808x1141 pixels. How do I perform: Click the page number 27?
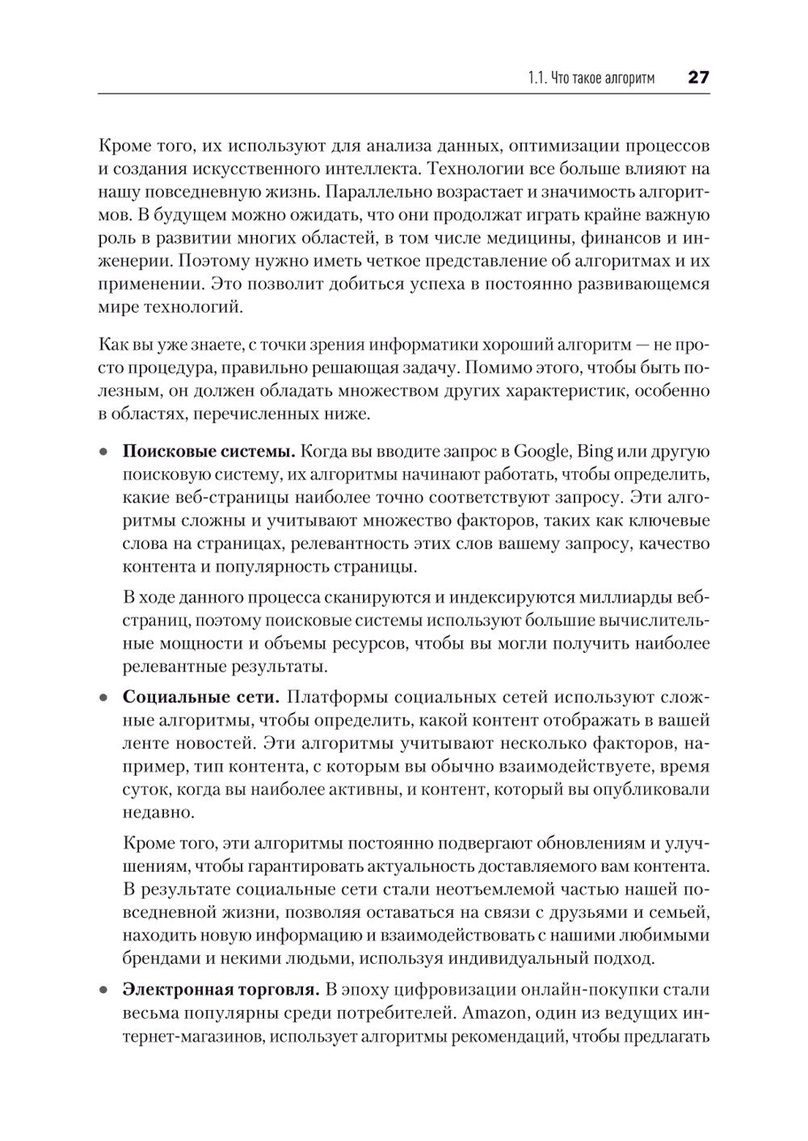[x=697, y=78]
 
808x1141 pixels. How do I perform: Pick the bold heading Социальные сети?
[x=201, y=697]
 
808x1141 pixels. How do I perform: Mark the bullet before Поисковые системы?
[x=103, y=452]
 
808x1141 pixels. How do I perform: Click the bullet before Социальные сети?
[x=103, y=698]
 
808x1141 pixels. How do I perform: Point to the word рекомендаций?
[x=500, y=1036]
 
